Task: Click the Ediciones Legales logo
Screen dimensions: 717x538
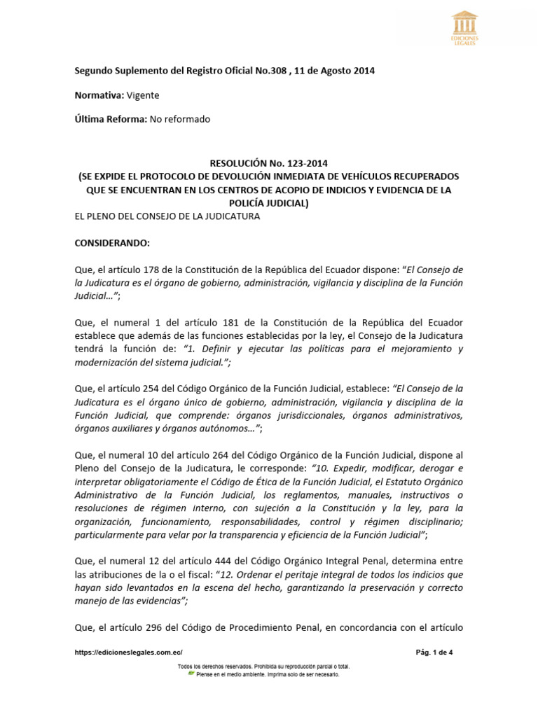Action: coord(465,29)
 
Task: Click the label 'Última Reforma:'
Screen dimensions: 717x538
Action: coord(111,119)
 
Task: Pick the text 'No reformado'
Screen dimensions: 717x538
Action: coord(180,119)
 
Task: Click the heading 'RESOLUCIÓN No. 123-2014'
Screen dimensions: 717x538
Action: coord(268,163)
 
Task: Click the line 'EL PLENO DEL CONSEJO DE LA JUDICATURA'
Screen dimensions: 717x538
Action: coord(167,216)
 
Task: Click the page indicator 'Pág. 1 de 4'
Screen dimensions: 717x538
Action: coord(434,653)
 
